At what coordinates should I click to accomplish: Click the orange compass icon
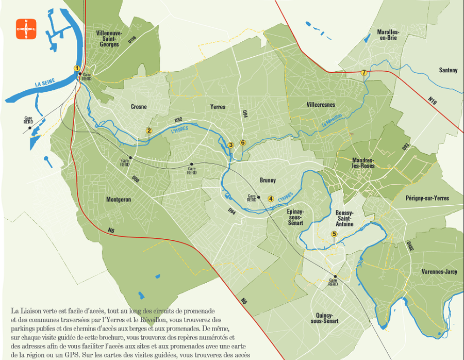(26, 29)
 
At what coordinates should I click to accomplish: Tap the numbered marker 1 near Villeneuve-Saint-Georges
(77, 68)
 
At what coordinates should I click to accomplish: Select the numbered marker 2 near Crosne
(149, 130)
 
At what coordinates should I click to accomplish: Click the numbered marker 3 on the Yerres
(231, 145)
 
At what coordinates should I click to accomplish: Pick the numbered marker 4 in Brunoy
(270, 198)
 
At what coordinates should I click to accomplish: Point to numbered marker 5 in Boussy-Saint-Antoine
(334, 234)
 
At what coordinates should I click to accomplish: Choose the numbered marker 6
(243, 143)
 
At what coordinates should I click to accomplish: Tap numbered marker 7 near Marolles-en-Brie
(364, 73)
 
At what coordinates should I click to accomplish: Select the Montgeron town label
(118, 200)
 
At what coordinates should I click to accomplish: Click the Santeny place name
(448, 70)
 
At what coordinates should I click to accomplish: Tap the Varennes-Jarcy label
(439, 271)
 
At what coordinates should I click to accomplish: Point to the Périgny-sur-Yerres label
(427, 198)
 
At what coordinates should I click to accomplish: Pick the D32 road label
(178, 120)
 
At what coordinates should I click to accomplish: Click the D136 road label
(132, 39)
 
